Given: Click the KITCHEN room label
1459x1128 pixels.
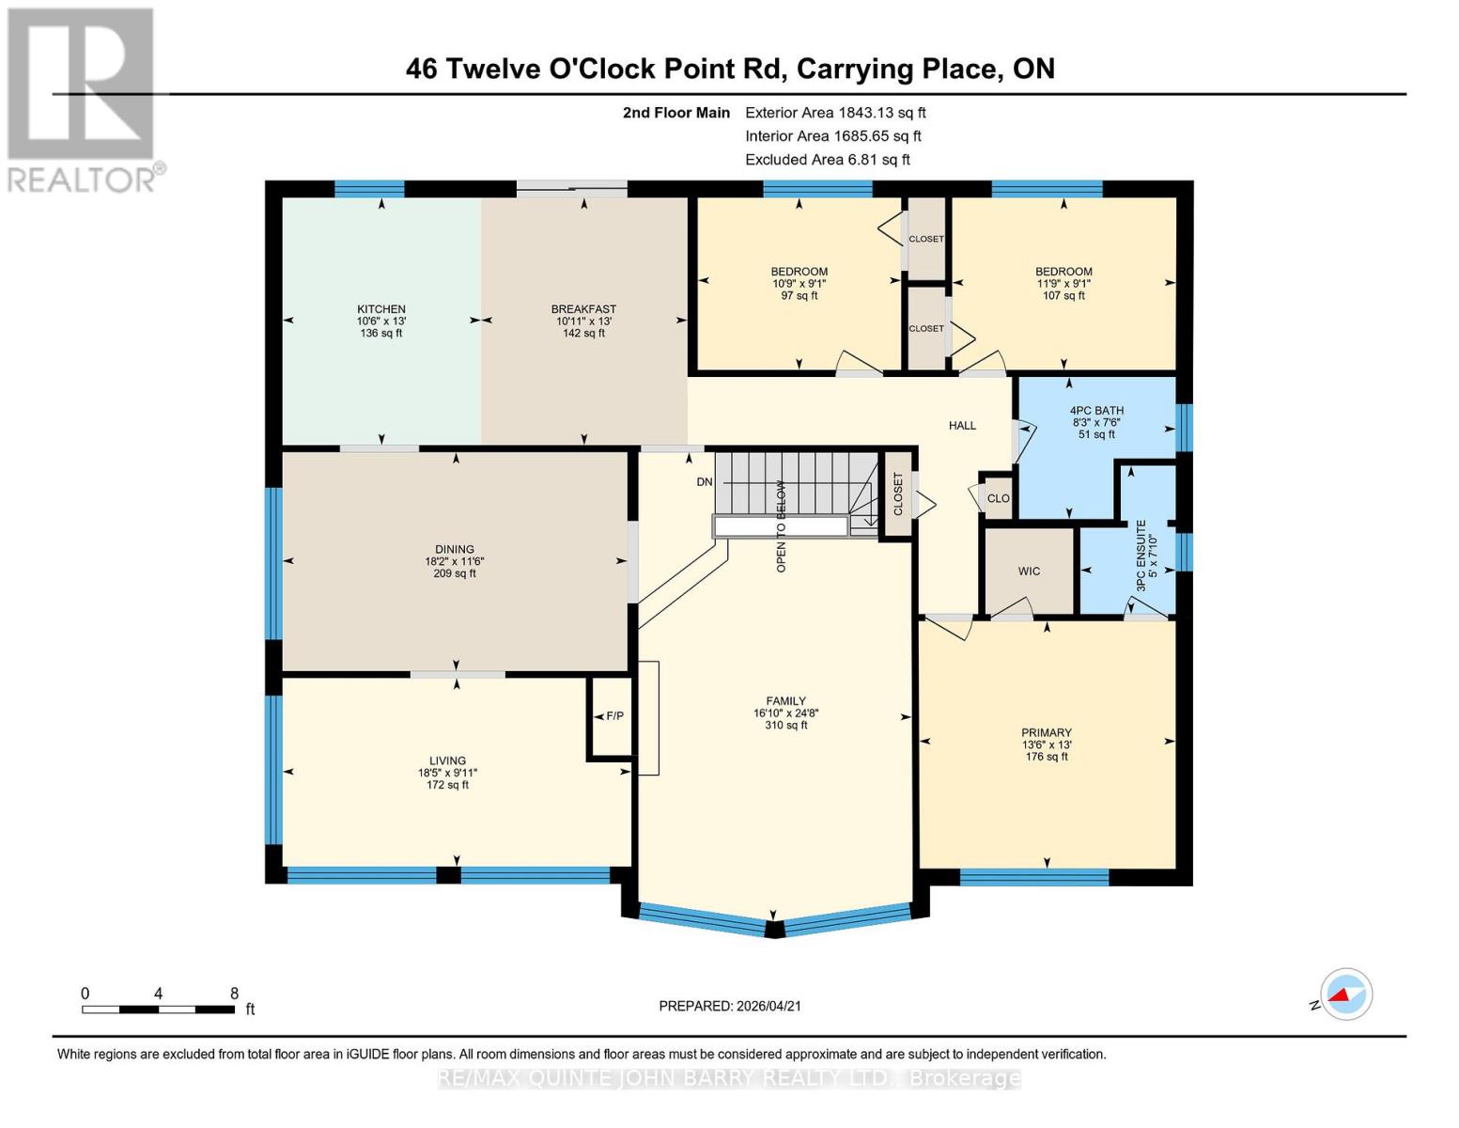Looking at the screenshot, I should click(x=380, y=309).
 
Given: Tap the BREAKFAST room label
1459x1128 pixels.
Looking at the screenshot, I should click(x=583, y=309).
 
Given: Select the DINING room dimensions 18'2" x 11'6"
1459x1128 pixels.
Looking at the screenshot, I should click(x=455, y=561).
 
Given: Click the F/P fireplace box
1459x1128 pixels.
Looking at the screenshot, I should click(x=614, y=716).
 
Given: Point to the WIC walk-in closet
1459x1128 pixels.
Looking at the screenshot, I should click(x=1029, y=572).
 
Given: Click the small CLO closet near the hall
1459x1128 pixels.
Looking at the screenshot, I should click(x=998, y=498).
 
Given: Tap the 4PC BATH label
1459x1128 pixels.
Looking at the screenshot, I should click(x=1096, y=411).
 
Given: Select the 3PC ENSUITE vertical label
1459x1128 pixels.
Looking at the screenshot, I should click(x=1141, y=555).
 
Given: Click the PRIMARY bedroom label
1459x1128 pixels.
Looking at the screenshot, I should click(x=1047, y=733).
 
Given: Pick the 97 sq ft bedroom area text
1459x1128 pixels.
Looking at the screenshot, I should click(x=799, y=296).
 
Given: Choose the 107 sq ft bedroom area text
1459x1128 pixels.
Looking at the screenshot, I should click(x=1063, y=296).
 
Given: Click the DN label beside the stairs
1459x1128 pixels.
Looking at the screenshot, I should click(x=705, y=482).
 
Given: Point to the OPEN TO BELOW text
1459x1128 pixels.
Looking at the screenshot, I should click(x=781, y=526).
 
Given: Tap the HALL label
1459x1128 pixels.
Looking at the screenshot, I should click(x=962, y=426).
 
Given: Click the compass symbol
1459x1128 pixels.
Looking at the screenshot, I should click(x=1345, y=995).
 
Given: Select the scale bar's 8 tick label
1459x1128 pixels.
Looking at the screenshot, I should click(x=234, y=994).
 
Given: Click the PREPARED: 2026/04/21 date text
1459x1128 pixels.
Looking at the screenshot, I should click(x=730, y=1006).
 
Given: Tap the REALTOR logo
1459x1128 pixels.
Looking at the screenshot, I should click(x=83, y=99).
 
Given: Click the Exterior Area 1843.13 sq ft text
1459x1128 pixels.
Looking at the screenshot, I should click(x=835, y=113).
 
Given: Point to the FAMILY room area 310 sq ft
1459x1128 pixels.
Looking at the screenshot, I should click(x=786, y=726).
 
